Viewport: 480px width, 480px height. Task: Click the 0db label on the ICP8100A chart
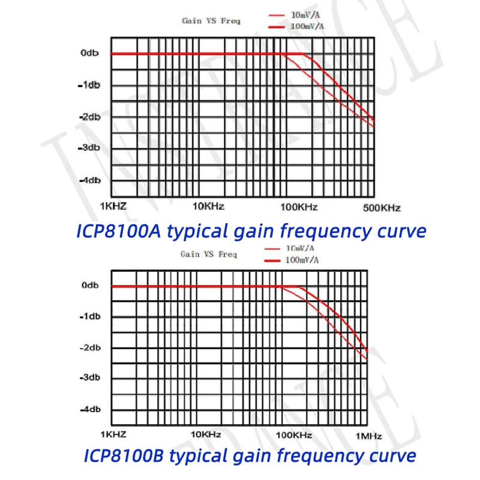(89, 53)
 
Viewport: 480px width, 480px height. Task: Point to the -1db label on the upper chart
(89, 85)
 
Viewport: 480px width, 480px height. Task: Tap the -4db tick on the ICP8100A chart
(89, 180)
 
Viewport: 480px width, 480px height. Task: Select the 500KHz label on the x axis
(382, 208)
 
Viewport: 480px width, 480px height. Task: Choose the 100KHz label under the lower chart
(294, 434)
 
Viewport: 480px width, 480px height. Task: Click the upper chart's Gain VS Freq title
(211, 21)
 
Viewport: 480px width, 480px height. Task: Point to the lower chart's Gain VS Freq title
(209, 254)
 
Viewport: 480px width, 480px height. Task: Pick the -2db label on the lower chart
(89, 348)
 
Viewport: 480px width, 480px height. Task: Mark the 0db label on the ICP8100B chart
(90, 286)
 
